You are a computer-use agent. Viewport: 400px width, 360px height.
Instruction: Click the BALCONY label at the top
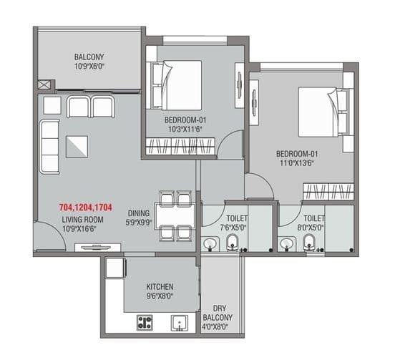89,57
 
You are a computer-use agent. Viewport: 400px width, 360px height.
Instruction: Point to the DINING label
138,213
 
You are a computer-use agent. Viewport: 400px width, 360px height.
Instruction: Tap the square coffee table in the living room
79,146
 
